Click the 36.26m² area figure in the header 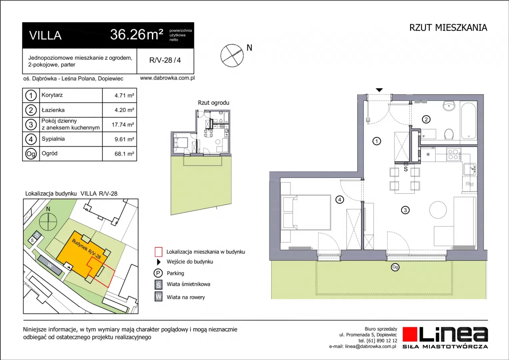click(137, 35)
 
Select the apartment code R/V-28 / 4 click(165, 60)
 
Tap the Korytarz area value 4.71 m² click(124, 96)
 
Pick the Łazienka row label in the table click(53, 110)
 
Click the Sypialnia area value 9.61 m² click(124, 139)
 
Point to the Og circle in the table click(31, 154)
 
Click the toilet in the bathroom click(449, 134)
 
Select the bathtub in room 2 click(468, 121)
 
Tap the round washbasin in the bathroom click(449, 106)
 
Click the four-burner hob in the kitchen click(453, 154)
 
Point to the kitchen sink click(469, 169)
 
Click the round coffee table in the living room click(438, 210)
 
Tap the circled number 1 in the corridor click(376, 141)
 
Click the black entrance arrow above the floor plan click(379, 90)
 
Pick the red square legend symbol click(158, 252)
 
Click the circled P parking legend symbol click(158, 273)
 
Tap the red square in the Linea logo click(410, 334)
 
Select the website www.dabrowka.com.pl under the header click(167, 78)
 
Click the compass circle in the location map click(48, 222)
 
